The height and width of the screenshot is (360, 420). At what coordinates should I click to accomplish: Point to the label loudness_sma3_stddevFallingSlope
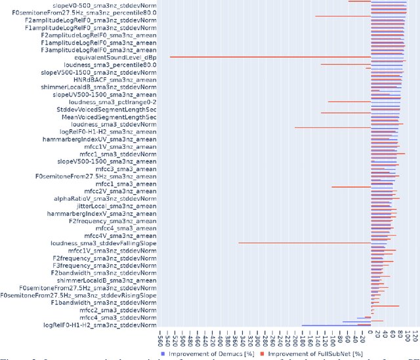[104, 243]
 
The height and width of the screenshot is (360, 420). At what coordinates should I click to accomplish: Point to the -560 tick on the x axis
[161, 338]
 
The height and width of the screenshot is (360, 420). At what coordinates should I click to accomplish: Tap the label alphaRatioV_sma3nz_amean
[105, 199]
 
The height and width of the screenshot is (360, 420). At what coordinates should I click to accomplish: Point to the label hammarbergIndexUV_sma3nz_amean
[106, 140]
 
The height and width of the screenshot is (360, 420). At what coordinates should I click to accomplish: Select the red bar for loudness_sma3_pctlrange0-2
[349, 102]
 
